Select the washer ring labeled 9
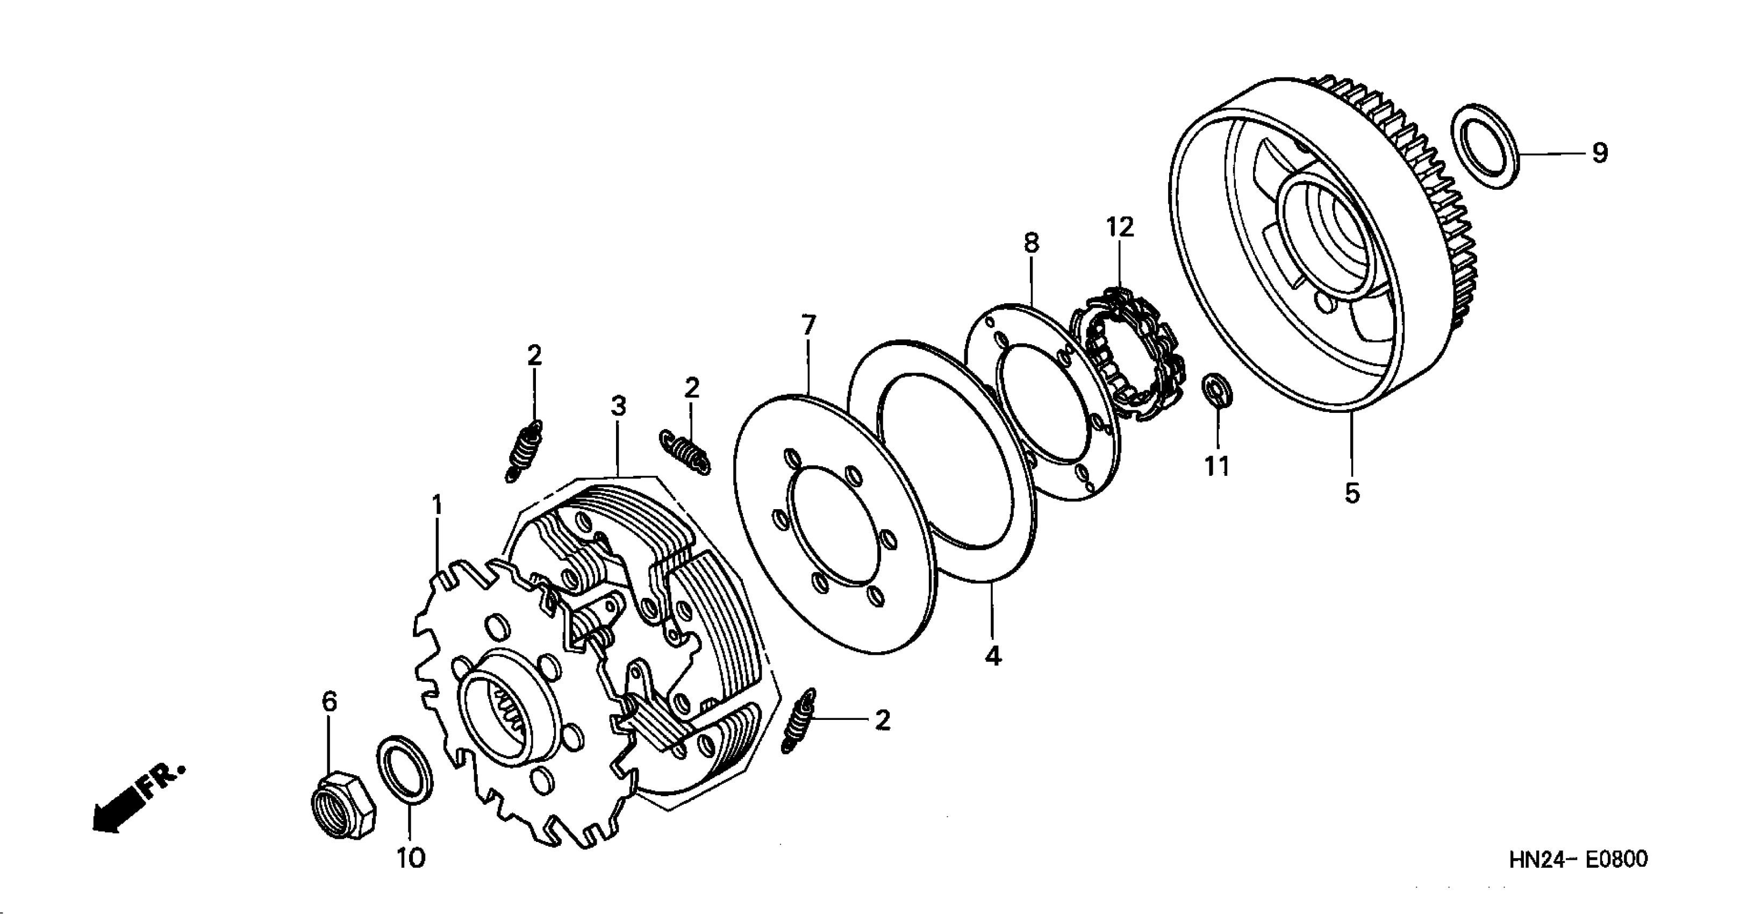click(1486, 147)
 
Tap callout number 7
click(808, 326)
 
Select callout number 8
click(1031, 243)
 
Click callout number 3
click(618, 406)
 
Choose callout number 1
click(438, 505)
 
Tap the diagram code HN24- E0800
click(1578, 860)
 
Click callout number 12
click(1120, 227)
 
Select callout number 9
click(1599, 153)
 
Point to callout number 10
click(410, 859)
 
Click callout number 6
click(329, 702)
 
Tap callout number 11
click(1216, 466)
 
